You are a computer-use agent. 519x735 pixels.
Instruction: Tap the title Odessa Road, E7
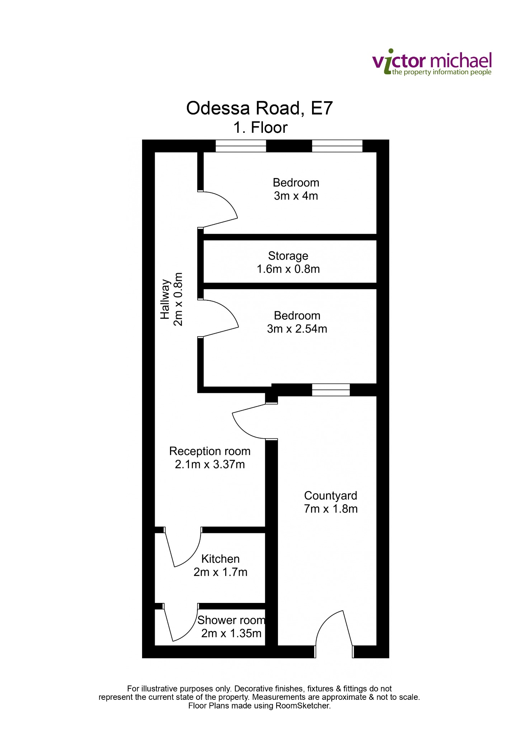[x=259, y=108]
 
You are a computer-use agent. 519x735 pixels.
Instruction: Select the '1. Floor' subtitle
[x=260, y=128]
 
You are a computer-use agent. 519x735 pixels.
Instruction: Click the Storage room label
[x=288, y=256]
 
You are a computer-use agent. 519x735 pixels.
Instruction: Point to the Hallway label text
[x=165, y=299]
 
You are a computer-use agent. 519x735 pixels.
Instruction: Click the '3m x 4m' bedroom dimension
[x=296, y=196]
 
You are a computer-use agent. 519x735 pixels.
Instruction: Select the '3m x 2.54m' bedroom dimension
[x=297, y=329]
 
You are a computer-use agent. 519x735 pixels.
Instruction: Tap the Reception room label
[x=210, y=451]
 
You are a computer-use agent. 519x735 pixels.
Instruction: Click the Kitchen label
[x=220, y=559]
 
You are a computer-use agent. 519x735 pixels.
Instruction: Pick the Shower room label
[x=231, y=620]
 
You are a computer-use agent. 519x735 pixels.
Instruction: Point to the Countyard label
[x=331, y=496]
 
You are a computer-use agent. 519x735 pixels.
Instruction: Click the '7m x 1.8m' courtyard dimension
[x=331, y=509]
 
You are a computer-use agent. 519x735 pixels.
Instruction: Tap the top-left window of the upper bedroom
[x=241, y=146]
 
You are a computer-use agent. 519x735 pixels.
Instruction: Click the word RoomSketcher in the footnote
[x=302, y=706]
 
